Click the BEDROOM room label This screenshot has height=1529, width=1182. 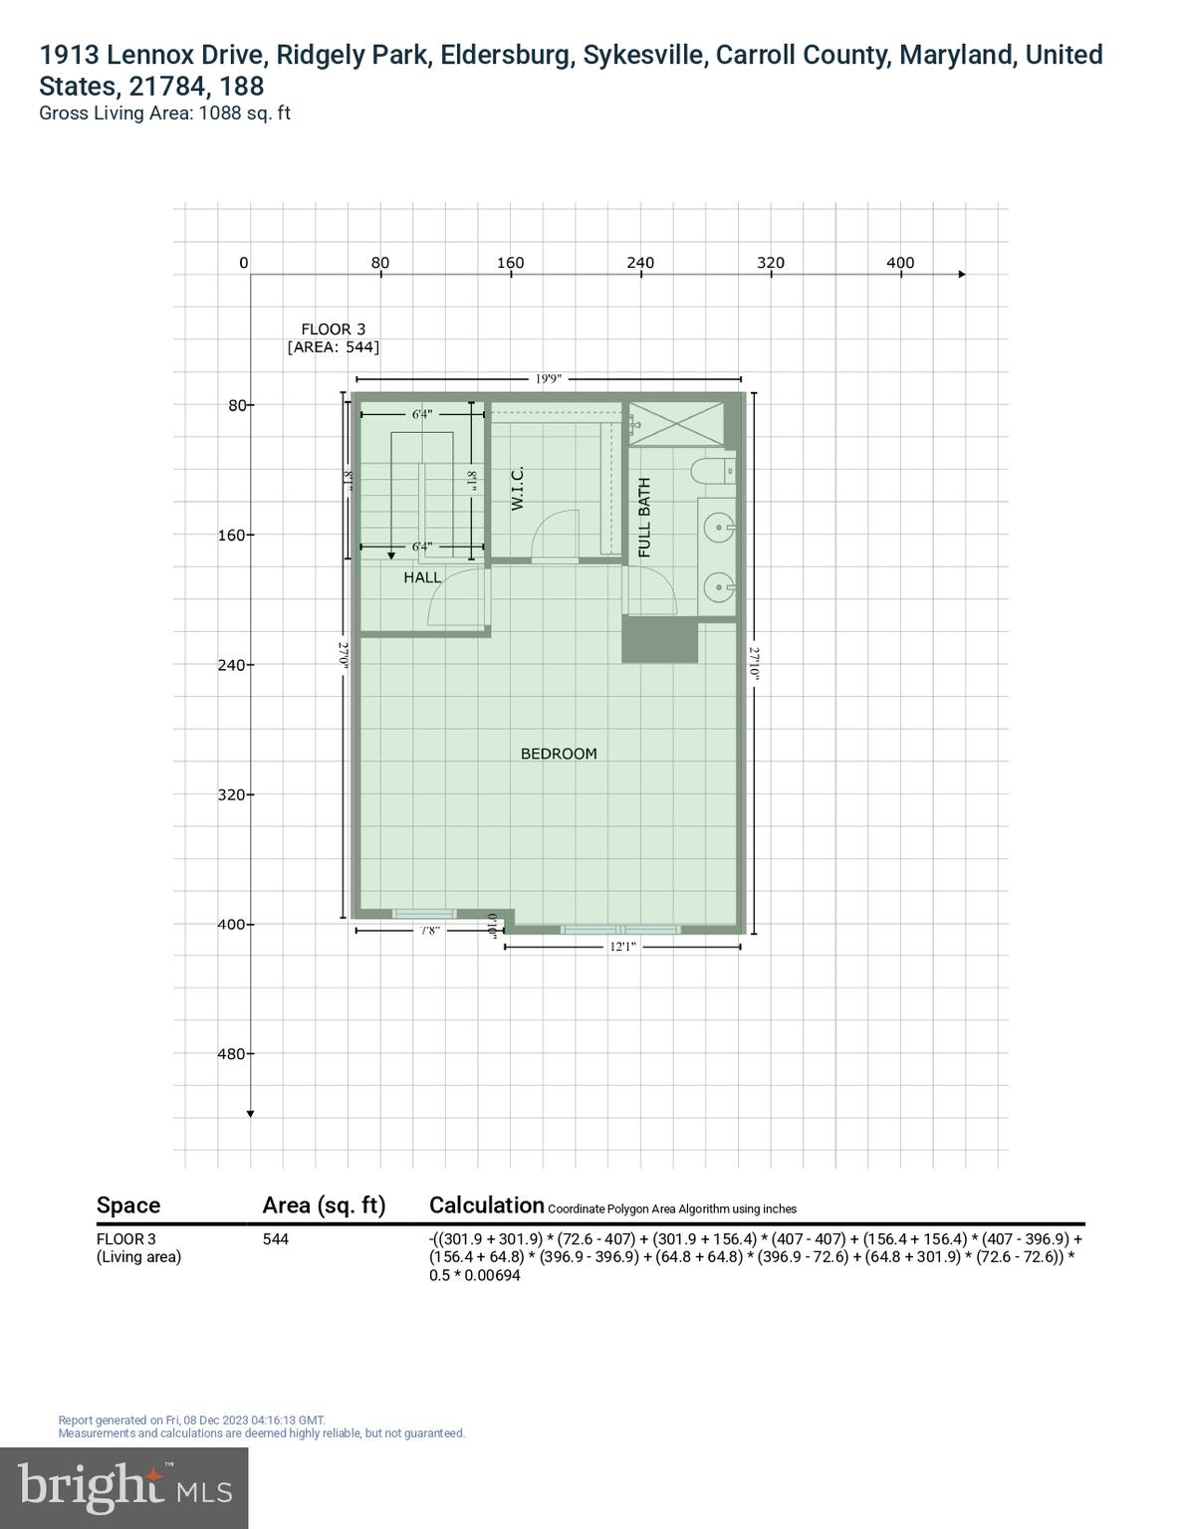559,754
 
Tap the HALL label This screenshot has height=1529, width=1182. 422,577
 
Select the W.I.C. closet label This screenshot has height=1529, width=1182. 517,490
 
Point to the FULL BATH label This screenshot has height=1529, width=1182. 644,517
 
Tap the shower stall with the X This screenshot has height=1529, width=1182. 676,424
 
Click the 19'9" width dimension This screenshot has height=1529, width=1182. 548,378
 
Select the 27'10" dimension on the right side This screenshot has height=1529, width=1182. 754,663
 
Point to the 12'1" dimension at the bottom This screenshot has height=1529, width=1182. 622,947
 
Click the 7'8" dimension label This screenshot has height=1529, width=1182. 430,931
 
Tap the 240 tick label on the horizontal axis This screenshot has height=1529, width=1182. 640,263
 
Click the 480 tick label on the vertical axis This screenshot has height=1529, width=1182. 231,1053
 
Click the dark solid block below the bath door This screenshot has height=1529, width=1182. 659,639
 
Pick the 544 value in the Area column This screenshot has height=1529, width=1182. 276,1239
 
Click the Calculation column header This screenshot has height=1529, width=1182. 486,1205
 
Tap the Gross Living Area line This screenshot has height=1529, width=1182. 164,113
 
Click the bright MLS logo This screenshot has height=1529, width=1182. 124,1487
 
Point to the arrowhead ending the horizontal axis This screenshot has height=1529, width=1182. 962,274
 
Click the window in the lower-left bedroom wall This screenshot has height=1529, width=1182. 424,913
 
